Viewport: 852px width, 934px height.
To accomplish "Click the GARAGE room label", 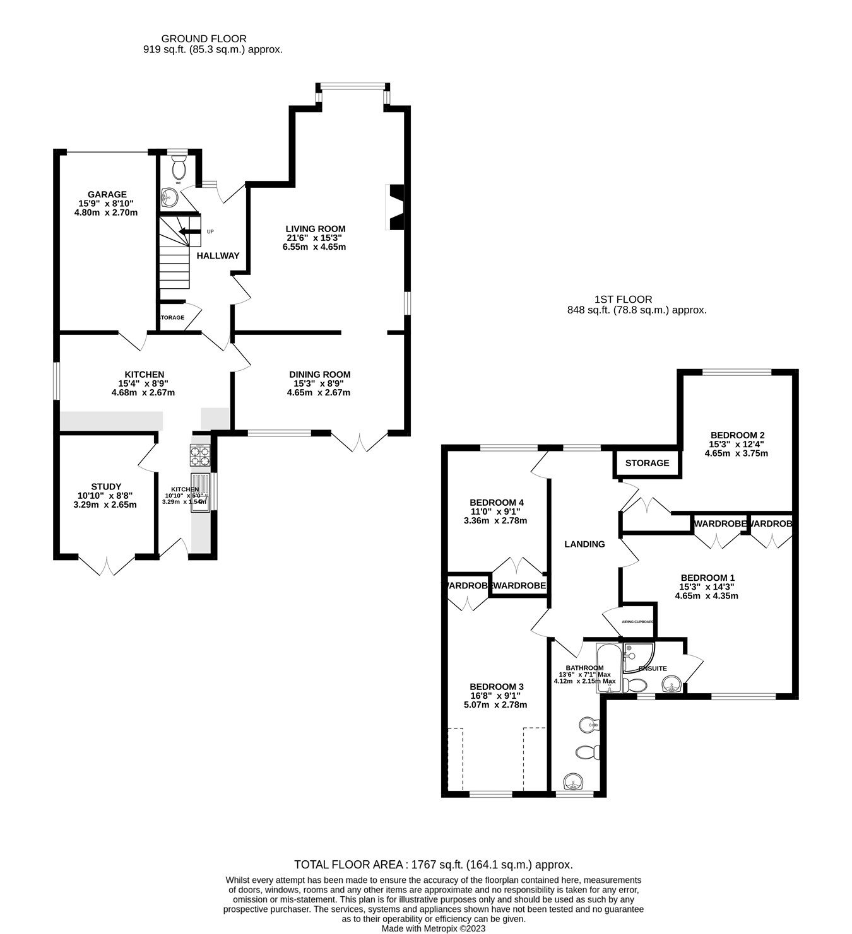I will coord(107,195).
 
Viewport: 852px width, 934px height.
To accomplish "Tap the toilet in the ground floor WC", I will coord(179,168).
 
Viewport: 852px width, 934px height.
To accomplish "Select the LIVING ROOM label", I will coord(315,229).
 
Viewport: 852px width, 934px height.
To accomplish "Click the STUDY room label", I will coord(106,487).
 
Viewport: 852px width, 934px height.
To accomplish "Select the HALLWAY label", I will coord(218,256).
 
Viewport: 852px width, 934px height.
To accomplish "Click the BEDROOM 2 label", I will coord(737,435).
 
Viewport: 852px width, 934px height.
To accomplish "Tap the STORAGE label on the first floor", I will coord(647,464).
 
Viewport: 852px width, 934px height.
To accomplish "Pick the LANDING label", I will coord(584,544).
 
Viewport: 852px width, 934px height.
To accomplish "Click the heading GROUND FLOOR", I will coord(204,39).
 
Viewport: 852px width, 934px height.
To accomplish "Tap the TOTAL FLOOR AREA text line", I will coord(433,865).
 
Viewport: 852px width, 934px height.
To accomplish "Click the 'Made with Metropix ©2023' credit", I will coord(433,928).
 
